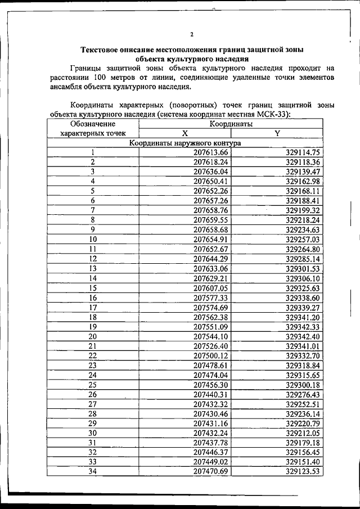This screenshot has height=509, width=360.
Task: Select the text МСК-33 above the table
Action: point(272,114)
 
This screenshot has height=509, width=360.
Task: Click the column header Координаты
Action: point(231,124)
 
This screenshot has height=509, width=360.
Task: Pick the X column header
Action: point(184,133)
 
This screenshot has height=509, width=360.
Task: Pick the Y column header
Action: point(277,133)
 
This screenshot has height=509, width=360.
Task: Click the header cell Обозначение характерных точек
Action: point(93,129)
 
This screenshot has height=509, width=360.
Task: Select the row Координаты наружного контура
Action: point(184,143)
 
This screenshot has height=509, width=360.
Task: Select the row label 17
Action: point(93,307)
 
